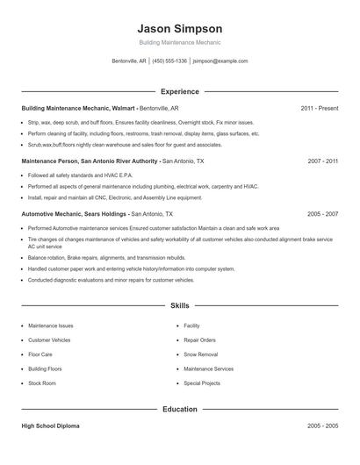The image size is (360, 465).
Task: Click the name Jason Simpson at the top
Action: coord(180,28)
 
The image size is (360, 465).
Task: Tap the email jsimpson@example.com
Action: coord(220,61)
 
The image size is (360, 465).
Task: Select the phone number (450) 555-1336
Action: coord(169,61)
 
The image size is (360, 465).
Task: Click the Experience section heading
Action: coord(180,91)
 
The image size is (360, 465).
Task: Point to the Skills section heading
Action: coord(180,305)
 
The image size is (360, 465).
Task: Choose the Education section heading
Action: coord(180,409)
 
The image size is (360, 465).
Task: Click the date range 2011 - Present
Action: coord(319,108)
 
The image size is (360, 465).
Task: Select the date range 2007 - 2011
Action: coord(322,161)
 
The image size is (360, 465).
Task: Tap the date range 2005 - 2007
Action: coord(322,214)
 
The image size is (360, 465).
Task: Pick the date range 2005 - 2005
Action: coord(322,426)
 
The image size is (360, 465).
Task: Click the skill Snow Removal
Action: coord(202,354)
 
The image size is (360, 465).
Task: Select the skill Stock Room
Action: coord(42,383)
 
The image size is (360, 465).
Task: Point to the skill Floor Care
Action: coord(40,354)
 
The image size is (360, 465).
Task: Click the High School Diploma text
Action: coord(50,426)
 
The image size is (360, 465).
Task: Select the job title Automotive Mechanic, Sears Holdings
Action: coord(75,214)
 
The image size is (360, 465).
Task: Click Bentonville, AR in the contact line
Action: coord(131,61)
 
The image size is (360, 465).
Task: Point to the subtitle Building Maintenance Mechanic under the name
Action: coord(180,42)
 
